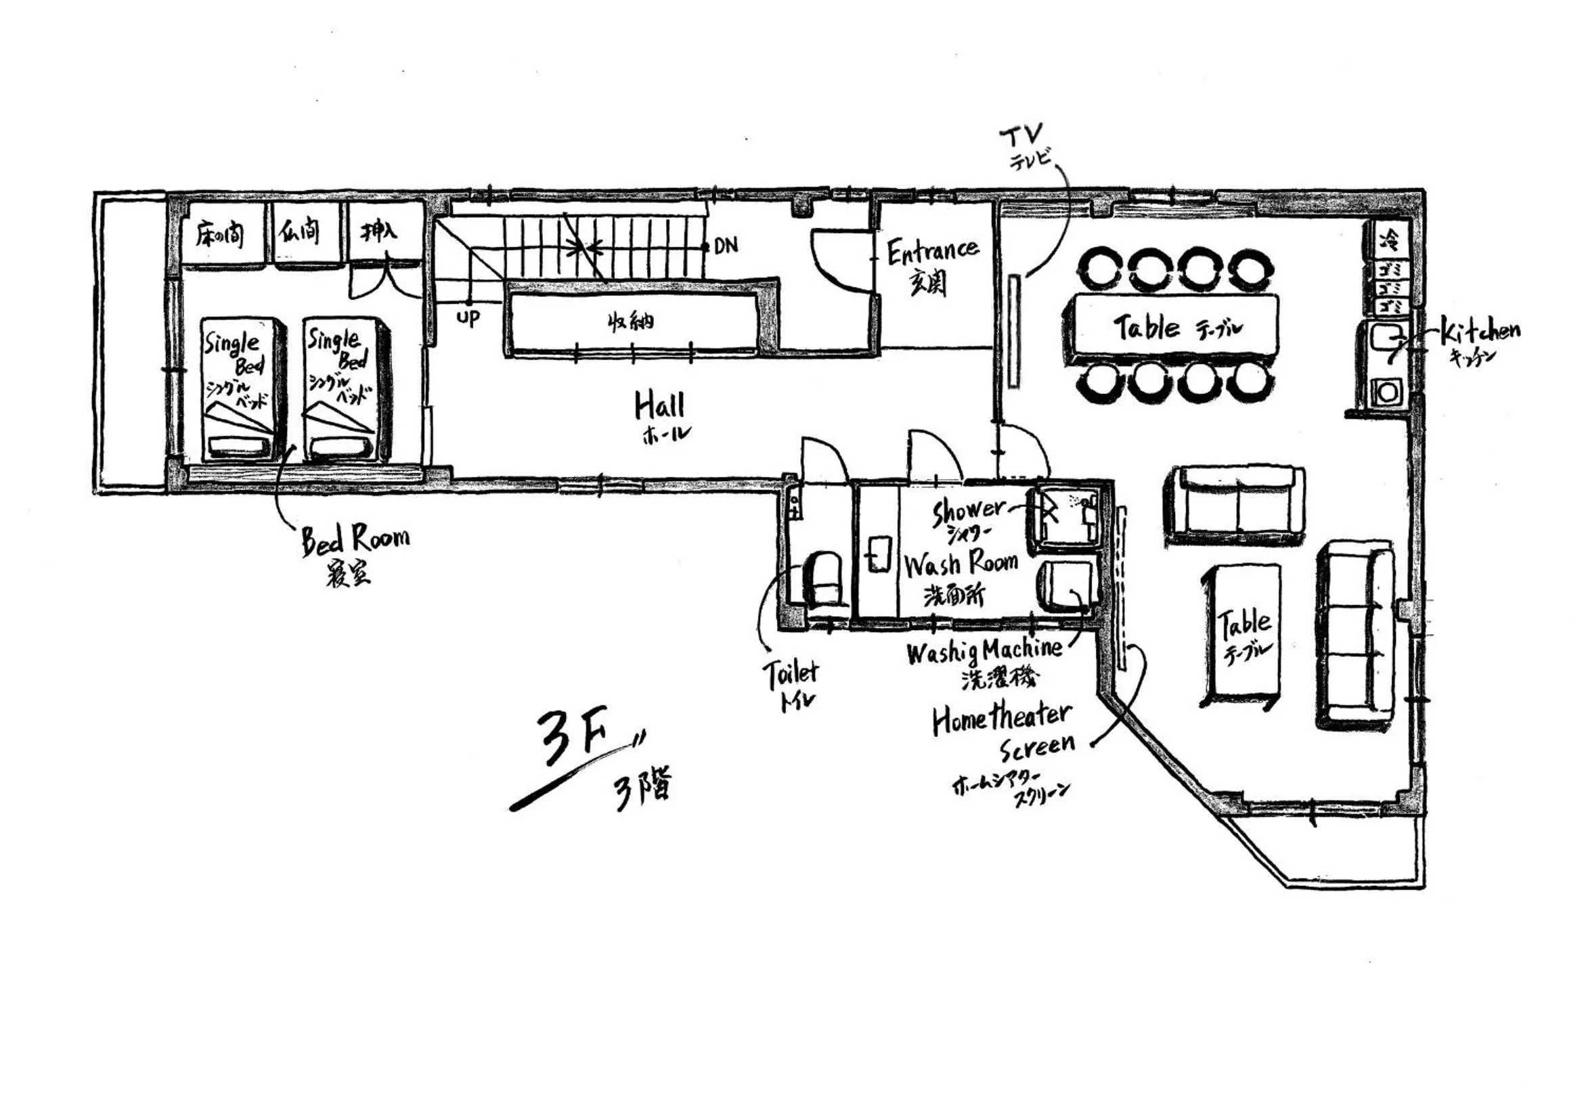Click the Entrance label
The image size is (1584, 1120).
pyautogui.click(x=932, y=252)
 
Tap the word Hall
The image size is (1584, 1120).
pyautogui.click(x=659, y=405)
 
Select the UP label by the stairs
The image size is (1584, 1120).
pyautogui.click(x=468, y=319)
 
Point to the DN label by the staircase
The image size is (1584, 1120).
pyautogui.click(x=726, y=245)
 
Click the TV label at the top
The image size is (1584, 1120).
pyautogui.click(x=1022, y=137)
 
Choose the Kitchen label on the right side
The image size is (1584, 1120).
pyautogui.click(x=1480, y=332)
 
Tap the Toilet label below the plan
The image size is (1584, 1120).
pyautogui.click(x=790, y=673)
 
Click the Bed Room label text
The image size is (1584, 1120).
pyautogui.click(x=355, y=540)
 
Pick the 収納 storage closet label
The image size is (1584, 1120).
pyautogui.click(x=631, y=321)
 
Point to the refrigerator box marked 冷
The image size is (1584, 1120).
pyautogui.click(x=1388, y=240)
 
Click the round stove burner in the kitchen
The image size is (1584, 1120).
pyautogui.click(x=1388, y=392)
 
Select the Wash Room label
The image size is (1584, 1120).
pyautogui.click(x=961, y=564)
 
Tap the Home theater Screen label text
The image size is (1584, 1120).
pyautogui.click(x=1004, y=730)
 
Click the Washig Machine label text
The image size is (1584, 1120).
pyautogui.click(x=984, y=650)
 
